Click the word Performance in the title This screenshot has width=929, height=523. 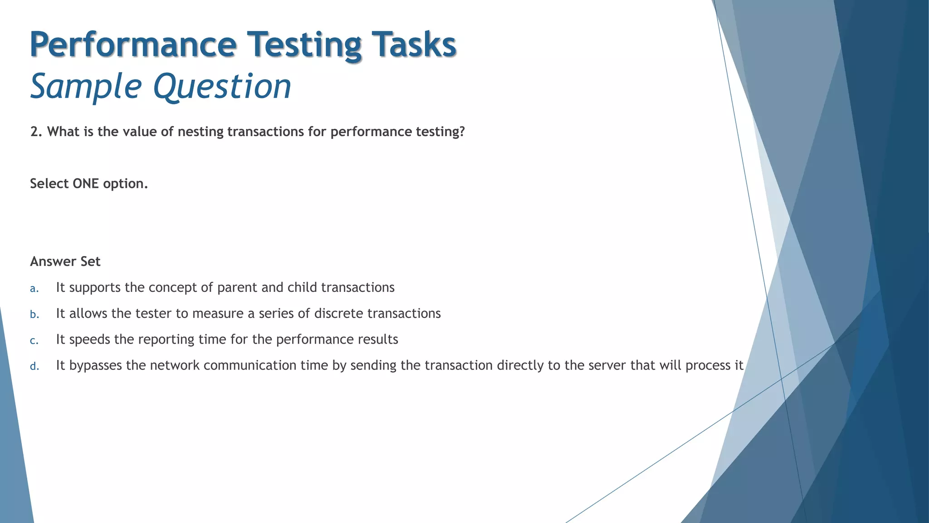tap(133, 44)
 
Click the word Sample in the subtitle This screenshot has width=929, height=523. tap(86, 86)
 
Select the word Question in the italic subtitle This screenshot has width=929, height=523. tap(222, 86)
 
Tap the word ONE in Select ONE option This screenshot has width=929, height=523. tap(86, 183)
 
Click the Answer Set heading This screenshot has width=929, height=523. tap(65, 261)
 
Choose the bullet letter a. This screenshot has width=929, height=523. tap(34, 289)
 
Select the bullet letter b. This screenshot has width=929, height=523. tap(34, 315)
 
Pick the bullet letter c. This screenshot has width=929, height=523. tap(34, 340)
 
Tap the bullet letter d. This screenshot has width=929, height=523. tap(34, 366)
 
